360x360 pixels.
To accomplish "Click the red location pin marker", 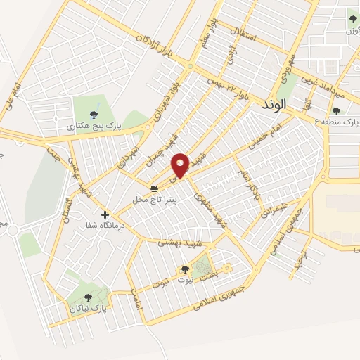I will click(x=181, y=165).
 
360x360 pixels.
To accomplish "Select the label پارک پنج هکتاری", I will click(x=94, y=127).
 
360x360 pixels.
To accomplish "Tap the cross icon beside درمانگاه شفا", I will click(x=105, y=214).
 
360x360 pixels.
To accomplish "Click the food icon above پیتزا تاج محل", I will click(x=154, y=188).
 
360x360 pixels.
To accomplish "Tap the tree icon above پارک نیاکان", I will click(x=88, y=297).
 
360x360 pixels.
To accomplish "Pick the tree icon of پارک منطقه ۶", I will click(x=335, y=110).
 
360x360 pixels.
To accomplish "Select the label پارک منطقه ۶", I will click(x=337, y=122).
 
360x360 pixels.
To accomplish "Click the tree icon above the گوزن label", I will click(x=353, y=18).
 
